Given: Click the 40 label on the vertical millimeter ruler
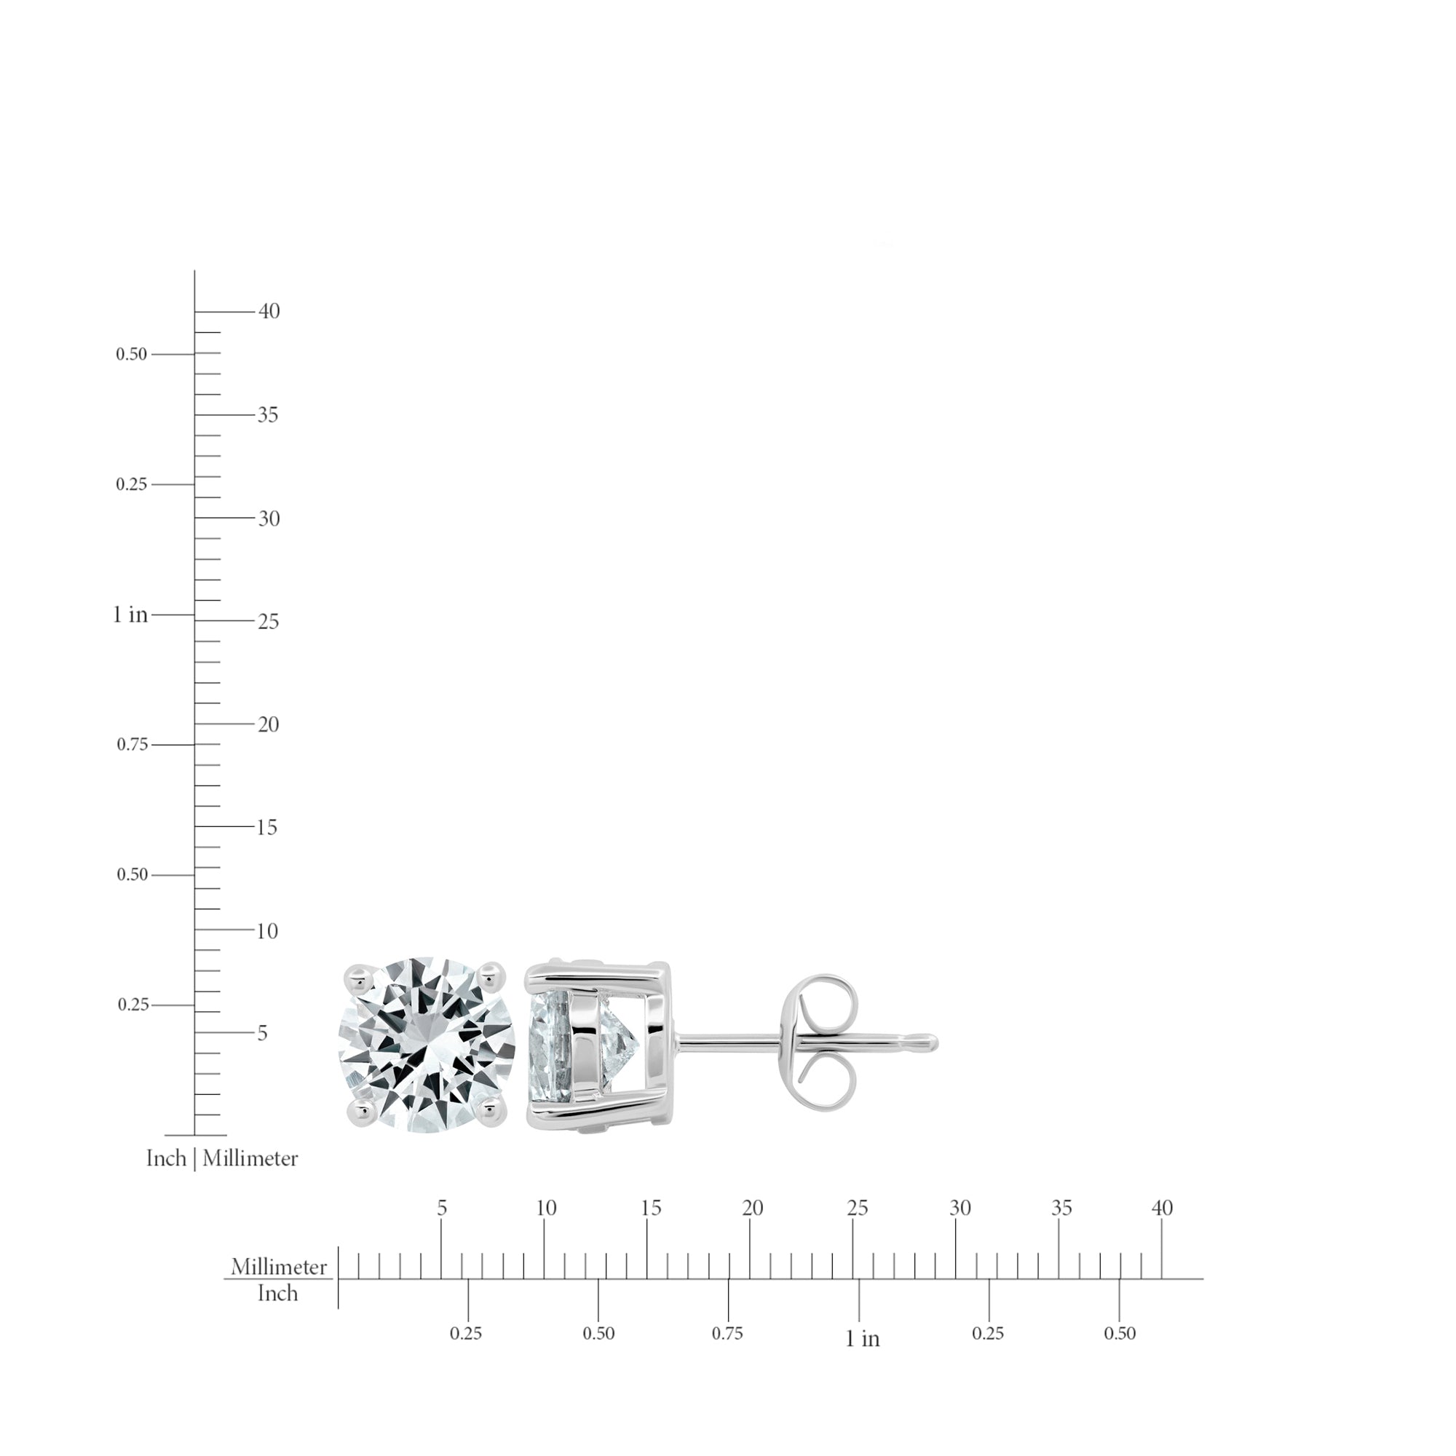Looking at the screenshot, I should [x=269, y=312].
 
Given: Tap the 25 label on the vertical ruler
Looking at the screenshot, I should [x=269, y=622].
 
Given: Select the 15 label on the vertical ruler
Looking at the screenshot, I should [x=266, y=828].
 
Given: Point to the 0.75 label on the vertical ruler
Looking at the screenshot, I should [x=132, y=745].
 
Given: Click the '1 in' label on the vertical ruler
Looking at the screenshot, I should [x=130, y=615].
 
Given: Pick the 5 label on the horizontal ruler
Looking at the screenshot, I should [x=442, y=1208].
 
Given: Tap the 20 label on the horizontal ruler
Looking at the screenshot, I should [x=752, y=1208].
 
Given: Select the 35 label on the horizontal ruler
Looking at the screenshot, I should [x=1061, y=1208].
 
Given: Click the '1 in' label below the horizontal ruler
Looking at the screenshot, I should [x=862, y=1340].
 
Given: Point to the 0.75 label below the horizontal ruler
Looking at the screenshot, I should [x=727, y=1334].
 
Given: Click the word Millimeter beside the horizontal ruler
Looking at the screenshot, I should [x=279, y=1267].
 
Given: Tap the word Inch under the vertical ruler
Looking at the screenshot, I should [x=166, y=1158].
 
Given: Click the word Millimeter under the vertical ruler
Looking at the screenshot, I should [x=250, y=1158].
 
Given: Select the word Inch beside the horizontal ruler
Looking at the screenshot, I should [x=277, y=1293].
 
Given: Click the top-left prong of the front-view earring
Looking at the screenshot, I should [x=357, y=978].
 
